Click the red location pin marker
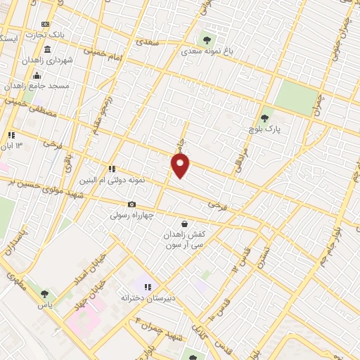coord(181,166)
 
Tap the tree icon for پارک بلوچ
coord(264,118)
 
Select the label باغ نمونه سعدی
coord(206,51)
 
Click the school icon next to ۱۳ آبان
coord(11,135)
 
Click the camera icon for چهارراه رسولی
coord(131,204)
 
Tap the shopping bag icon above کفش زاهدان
coord(184,224)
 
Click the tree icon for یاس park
coord(45,295)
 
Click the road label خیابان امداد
coord(90,269)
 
